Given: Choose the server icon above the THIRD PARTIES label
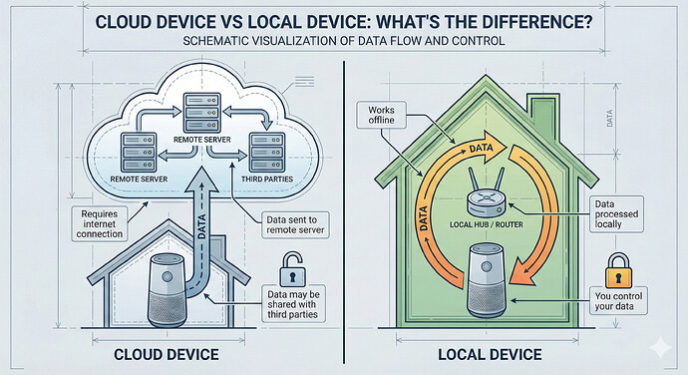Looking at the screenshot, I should [x=265, y=147].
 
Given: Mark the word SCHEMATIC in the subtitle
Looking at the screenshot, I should [x=207, y=44].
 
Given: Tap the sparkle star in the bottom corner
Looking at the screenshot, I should [x=659, y=348].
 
